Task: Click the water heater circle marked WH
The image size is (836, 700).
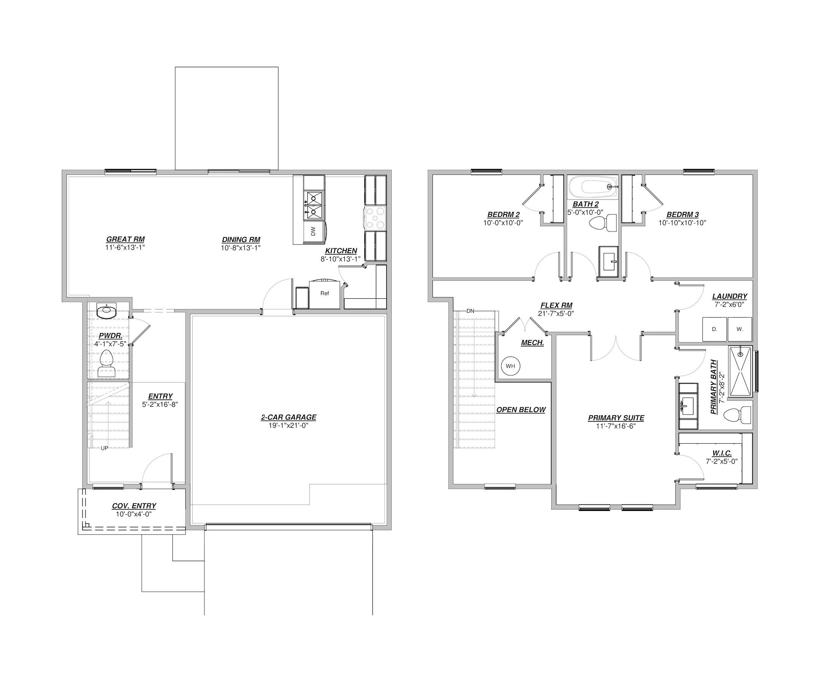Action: [510, 366]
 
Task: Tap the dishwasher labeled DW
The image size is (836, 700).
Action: [314, 232]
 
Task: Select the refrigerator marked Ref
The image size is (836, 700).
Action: [325, 294]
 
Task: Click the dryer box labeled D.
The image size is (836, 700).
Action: [714, 330]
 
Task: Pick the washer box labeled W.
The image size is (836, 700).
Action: [739, 330]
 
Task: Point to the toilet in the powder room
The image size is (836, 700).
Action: [107, 364]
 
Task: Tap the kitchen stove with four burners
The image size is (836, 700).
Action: [375, 218]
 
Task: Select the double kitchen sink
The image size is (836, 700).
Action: [314, 205]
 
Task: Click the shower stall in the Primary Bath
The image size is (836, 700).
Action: [741, 372]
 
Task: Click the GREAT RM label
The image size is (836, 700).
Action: [125, 240]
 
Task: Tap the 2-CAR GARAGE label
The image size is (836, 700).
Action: [289, 417]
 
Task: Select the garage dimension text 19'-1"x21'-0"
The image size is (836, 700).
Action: [289, 426]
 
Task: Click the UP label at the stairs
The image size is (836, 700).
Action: [104, 448]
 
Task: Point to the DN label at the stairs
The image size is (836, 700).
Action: [470, 311]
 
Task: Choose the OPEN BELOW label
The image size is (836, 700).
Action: [521, 410]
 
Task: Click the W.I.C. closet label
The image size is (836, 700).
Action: [722, 453]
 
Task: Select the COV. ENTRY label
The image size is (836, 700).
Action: [134, 506]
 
